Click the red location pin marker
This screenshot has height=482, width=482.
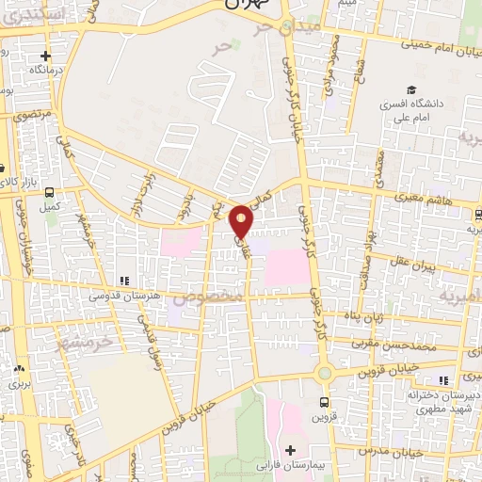[242, 220]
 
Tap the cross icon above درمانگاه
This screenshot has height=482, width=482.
[43, 56]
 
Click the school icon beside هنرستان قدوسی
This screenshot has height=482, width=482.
[124, 281]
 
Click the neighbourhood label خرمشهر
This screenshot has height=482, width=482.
[84, 342]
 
